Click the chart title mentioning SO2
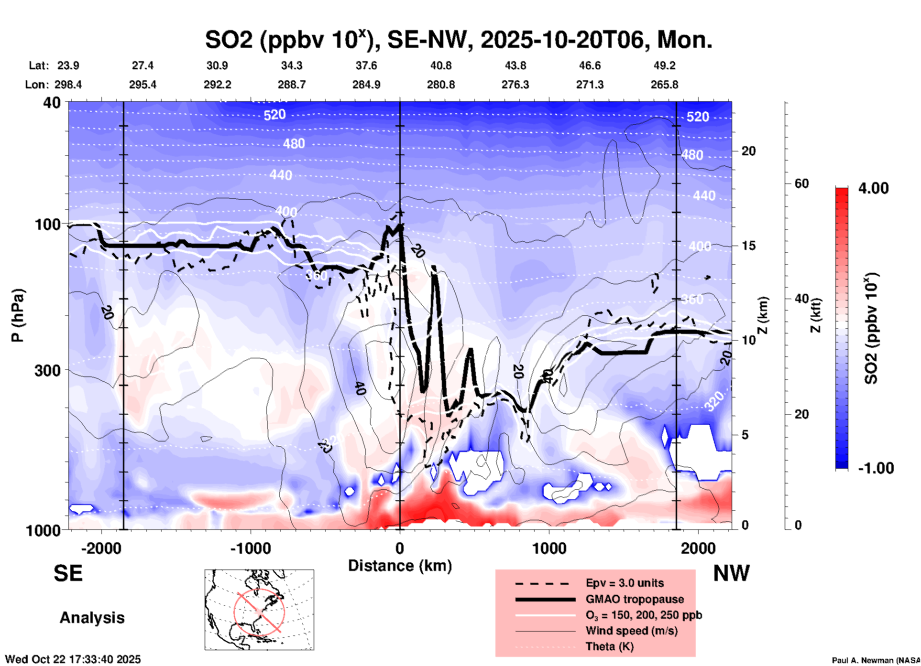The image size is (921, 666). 458,40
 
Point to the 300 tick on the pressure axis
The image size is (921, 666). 47,370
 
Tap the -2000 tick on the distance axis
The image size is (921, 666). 101,548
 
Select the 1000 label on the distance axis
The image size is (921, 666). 548,548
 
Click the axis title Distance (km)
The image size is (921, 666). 400,566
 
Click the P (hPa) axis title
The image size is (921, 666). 18,315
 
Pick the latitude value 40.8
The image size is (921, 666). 440,65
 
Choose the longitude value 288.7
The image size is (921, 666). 291,85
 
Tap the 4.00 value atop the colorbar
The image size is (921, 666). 873,188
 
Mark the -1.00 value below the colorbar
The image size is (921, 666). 876,468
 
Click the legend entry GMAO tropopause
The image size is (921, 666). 635,599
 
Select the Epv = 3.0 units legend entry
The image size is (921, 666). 625,583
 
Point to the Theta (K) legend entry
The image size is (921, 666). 609,646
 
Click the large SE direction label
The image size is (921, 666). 68,573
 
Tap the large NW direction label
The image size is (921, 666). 731,573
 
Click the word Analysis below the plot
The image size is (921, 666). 92,618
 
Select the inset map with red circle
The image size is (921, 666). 259,610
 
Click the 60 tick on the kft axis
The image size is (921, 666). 801,184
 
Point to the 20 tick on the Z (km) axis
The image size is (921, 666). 748,151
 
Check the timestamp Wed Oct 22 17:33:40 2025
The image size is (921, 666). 73,659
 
